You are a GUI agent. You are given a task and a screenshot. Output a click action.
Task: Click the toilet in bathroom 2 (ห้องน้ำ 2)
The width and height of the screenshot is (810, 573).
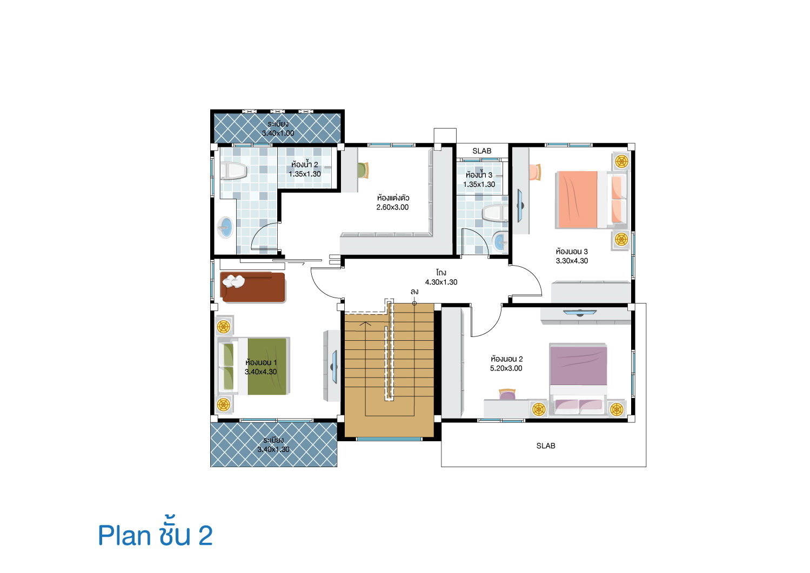coord(233,171)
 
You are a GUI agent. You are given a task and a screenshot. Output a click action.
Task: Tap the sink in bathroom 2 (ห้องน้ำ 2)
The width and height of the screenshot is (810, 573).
coord(226,227)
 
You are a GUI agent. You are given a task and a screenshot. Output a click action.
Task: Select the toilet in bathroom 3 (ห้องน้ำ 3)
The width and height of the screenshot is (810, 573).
coord(494,213)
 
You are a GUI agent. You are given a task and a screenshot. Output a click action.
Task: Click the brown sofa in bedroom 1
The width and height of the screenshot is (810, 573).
coord(252,287)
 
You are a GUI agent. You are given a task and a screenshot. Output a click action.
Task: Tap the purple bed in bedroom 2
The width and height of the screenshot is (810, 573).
coord(578,379)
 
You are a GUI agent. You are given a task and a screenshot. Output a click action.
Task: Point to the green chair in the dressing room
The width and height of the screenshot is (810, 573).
coord(363,170)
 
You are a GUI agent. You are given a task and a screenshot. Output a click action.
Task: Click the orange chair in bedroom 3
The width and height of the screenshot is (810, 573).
coord(535,172)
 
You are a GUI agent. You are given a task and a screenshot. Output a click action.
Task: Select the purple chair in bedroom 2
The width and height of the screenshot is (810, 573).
coord(507,394)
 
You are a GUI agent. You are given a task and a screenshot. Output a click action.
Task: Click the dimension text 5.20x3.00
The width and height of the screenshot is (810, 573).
coord(506,368)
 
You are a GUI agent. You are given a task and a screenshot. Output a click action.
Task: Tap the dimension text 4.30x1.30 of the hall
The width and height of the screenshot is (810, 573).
coord(441,282)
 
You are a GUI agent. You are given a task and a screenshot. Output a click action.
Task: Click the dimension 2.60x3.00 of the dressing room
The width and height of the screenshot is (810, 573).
coord(392,207)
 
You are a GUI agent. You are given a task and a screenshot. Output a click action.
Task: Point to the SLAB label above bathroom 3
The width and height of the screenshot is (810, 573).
coord(481,151)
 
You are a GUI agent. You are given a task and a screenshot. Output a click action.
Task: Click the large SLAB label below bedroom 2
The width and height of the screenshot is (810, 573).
coord(546,446)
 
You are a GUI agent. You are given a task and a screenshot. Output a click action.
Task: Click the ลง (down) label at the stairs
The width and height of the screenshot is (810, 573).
coord(414,291)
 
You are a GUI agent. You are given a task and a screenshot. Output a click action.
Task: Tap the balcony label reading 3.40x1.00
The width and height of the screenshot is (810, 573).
coord(278,133)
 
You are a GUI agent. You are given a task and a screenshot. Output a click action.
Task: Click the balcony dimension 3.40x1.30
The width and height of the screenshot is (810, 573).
coord(273,449)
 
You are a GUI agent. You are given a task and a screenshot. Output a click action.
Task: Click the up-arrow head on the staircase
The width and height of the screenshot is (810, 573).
coord(366,323)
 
